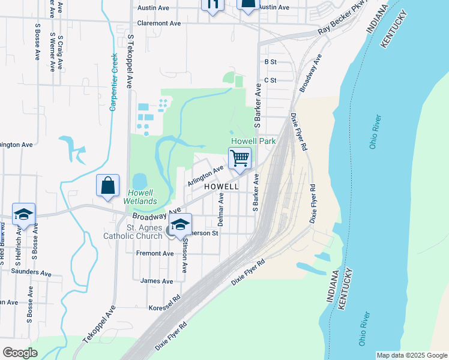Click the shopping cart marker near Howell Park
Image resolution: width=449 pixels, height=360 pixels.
point(240,158)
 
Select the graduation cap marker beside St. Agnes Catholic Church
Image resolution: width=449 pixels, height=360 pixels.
point(179,225)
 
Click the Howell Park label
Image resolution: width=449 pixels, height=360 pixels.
point(254,141)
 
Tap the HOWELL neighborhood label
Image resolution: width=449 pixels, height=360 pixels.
point(221,187)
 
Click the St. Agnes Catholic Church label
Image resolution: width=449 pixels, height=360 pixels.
point(144,232)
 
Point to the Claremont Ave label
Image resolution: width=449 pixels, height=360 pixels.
point(159,23)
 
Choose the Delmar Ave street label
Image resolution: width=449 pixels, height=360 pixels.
point(221,209)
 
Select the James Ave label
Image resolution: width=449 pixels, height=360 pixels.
point(156,280)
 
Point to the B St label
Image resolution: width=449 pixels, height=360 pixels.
point(270,62)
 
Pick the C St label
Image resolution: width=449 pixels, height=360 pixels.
point(270,80)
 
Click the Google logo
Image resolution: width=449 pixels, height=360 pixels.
point(20,353)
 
